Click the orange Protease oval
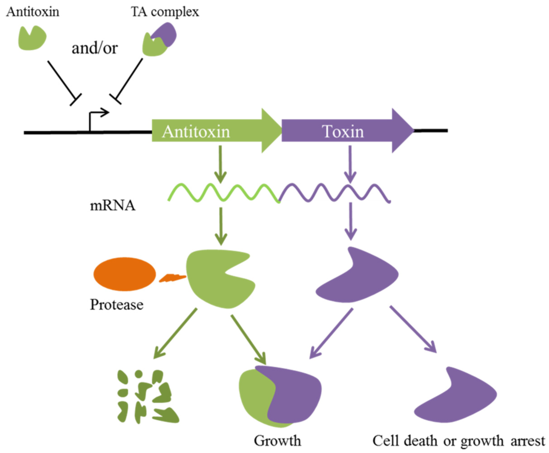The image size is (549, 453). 125,274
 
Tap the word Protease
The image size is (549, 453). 116,304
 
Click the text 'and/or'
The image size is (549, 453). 95,48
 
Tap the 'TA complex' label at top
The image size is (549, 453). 165,12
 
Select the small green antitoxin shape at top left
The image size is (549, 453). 32,39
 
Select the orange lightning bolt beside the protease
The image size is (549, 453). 172,278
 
